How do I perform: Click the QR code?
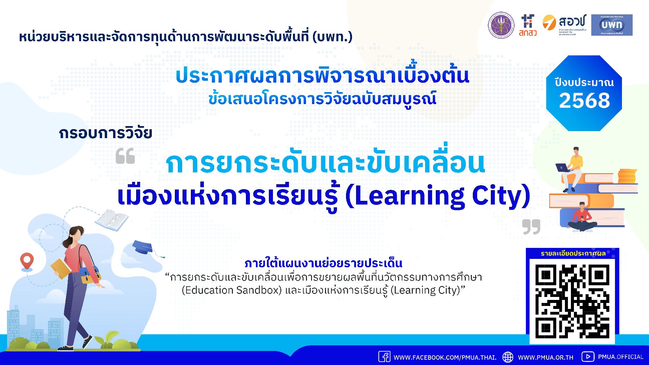tap(572, 301)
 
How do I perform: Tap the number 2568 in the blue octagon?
tap(584, 100)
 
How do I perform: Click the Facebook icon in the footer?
tap(384, 357)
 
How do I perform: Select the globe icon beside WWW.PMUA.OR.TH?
tap(508, 357)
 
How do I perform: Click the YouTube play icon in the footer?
tap(588, 357)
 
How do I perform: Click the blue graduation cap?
tap(143, 247)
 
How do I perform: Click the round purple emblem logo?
tap(502, 25)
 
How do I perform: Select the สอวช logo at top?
tap(564, 25)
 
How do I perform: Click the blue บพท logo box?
tap(612, 25)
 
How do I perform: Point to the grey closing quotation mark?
tap(531, 227)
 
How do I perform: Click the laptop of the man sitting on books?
tap(563, 167)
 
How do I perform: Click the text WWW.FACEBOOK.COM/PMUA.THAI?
tap(445, 357)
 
